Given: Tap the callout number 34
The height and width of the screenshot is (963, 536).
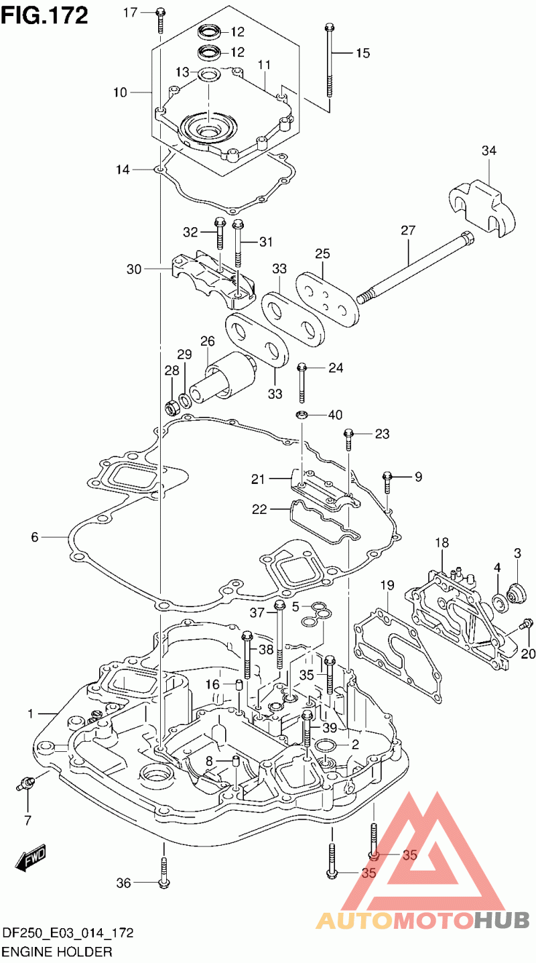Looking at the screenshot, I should pos(489,151).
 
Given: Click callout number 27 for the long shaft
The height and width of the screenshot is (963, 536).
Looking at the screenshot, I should pos(409,231).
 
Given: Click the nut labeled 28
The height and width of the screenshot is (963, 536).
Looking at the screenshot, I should pos(171,405).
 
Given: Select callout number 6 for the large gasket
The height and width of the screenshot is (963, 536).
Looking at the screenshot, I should pos(35,537).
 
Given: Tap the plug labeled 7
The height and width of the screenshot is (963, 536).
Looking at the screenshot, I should pos(27,783).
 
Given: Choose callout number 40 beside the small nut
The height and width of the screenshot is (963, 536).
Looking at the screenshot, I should pos(335,415).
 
